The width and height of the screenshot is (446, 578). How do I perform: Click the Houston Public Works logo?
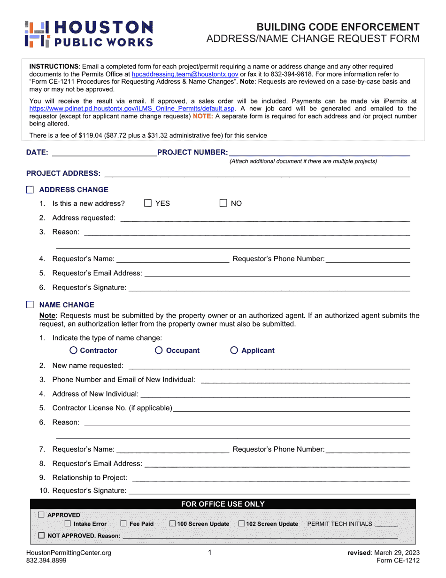pyautogui.click(x=89, y=34)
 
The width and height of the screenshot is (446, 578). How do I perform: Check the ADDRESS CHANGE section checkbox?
pyautogui.click(x=30, y=190)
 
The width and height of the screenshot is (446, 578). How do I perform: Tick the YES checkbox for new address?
pyautogui.click(x=148, y=203)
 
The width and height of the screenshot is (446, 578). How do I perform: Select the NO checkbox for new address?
pyautogui.click(x=223, y=203)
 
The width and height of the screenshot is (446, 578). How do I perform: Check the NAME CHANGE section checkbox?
pyautogui.click(x=30, y=305)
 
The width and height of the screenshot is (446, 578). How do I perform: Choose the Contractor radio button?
pyautogui.click(x=74, y=351)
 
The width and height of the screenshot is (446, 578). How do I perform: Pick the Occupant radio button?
pyautogui.click(x=159, y=351)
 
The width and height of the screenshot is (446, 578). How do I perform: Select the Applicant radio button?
pyautogui.click(x=234, y=351)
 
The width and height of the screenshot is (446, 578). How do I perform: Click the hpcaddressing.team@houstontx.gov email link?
pyautogui.click(x=185, y=74)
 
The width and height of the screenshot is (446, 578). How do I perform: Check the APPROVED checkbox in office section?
pyautogui.click(x=41, y=515)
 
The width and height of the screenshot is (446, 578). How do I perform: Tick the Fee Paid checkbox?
pyautogui.click(x=123, y=523)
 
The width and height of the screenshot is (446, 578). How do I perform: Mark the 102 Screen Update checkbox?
pyautogui.click(x=241, y=523)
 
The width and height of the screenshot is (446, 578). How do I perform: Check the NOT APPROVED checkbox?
pyautogui.click(x=41, y=536)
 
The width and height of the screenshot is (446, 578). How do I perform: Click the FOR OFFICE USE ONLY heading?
pyautogui.click(x=223, y=504)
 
